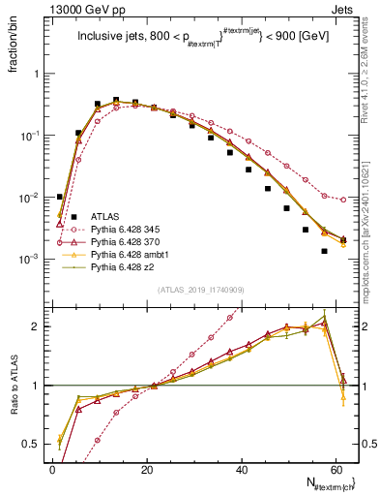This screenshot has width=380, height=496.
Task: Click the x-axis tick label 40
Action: (241, 469)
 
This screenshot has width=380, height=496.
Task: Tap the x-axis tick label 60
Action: (335, 469)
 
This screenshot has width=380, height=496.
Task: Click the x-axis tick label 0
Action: (52, 469)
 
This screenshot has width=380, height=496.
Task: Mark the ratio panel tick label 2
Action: (36, 326)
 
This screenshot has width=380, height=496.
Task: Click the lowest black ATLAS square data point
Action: (325, 251)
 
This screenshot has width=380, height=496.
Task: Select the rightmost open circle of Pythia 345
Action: (344, 200)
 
